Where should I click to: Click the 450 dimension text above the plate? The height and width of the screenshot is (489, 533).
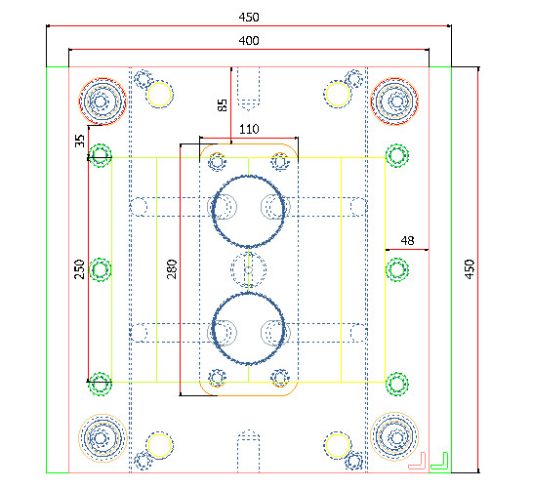[x=248, y=17]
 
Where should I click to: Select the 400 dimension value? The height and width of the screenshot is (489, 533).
[x=248, y=40]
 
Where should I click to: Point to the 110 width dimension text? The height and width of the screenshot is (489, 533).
[x=248, y=129]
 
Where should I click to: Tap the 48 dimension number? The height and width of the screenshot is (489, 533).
[x=408, y=240]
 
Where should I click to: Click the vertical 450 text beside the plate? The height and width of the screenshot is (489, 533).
[x=469, y=268]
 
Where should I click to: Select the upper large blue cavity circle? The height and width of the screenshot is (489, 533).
[x=249, y=211]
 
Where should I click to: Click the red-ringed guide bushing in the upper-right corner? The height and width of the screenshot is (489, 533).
[x=395, y=100]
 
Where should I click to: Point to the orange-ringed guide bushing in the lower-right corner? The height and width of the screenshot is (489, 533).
[x=395, y=436]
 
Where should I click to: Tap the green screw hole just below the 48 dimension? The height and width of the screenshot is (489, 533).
[x=395, y=268]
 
